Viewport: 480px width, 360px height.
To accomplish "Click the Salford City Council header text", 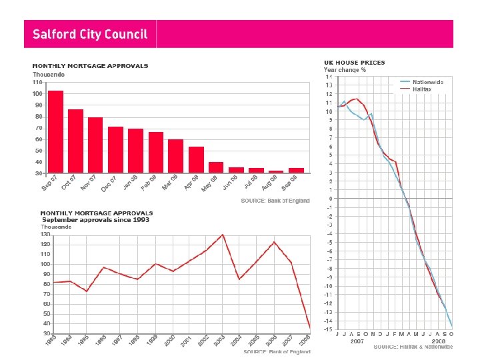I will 91,34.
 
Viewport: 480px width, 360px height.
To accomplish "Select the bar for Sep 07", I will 56,131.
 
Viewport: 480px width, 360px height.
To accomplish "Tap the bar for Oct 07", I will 76,141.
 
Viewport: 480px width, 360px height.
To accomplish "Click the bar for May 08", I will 216,167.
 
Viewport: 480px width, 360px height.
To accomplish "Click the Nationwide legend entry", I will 427,81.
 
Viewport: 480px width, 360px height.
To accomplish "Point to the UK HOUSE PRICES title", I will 354,63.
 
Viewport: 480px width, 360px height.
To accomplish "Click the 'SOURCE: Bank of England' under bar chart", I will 275,201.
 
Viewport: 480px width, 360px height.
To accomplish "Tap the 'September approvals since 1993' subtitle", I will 96,219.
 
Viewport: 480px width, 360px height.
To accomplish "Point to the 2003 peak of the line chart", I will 223,235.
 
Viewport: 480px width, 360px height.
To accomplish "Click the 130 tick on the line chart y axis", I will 45,235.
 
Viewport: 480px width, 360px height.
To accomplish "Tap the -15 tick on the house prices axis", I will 328,329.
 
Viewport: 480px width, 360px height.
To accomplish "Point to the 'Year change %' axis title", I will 345,69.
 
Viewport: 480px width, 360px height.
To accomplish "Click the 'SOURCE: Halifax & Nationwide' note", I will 413,347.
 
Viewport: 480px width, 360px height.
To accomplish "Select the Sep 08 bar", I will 296,170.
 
